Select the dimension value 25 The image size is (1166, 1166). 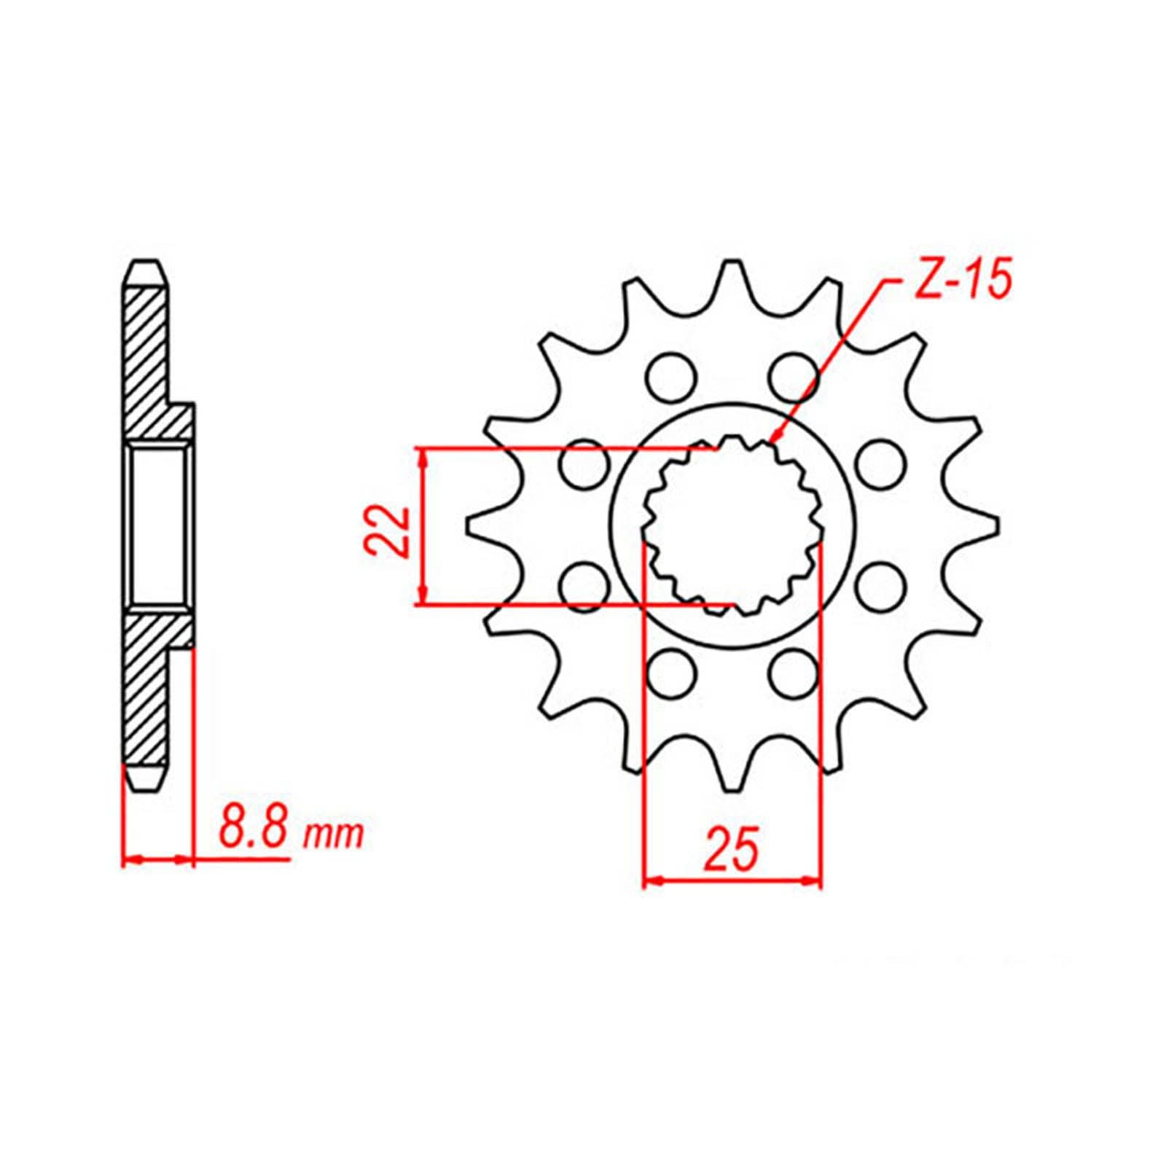(732, 850)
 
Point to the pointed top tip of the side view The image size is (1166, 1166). (144, 264)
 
